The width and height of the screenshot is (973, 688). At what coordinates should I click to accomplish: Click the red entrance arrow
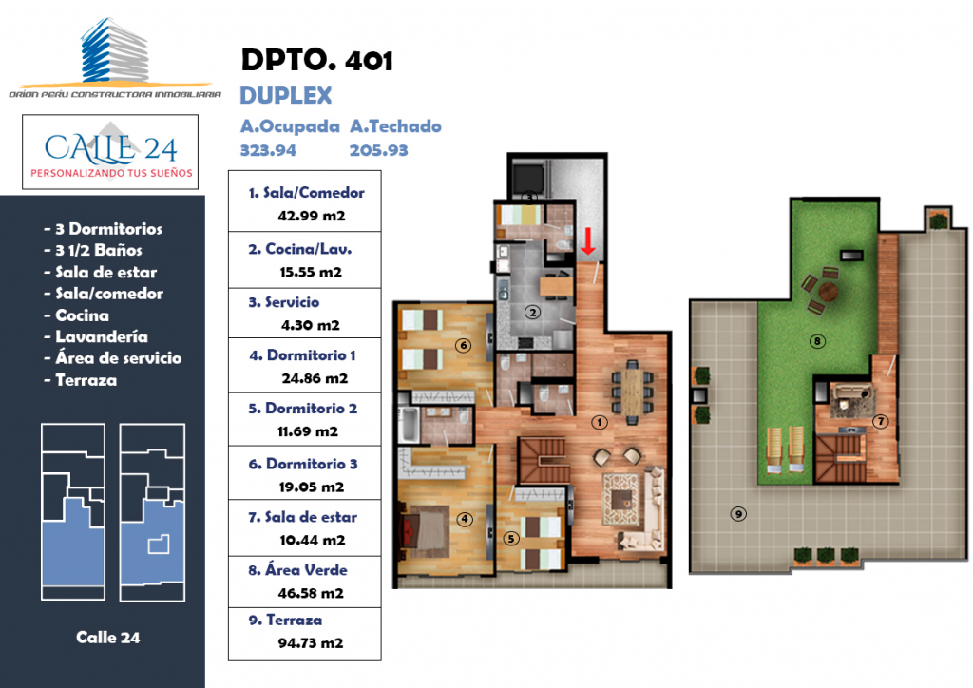click(587, 240)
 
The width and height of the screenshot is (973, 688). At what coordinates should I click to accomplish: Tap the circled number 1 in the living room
click(599, 422)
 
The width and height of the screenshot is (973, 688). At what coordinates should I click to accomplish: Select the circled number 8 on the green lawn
click(817, 340)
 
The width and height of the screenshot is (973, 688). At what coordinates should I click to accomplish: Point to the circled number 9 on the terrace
click(738, 514)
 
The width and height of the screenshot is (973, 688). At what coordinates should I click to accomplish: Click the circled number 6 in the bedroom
click(463, 346)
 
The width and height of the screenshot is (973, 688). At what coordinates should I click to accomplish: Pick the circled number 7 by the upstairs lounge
click(880, 421)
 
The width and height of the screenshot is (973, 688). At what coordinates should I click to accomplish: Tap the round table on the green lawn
click(828, 291)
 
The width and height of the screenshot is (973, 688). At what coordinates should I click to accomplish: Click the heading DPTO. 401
click(316, 60)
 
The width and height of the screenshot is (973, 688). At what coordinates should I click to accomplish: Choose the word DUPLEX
click(286, 96)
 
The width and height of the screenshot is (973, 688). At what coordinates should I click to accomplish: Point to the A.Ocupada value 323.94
click(268, 150)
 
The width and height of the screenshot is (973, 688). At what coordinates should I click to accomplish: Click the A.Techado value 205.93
click(378, 150)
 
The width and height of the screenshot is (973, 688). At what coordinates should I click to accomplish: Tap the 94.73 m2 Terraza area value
click(311, 643)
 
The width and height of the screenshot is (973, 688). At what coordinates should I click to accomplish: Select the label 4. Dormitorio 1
click(302, 355)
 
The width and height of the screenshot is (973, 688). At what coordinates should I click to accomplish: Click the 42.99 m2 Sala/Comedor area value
click(312, 216)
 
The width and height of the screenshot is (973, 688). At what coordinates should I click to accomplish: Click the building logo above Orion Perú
click(115, 51)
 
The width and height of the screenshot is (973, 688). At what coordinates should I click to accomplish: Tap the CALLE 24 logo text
click(110, 147)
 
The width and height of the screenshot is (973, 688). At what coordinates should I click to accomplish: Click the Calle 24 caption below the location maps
click(108, 637)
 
